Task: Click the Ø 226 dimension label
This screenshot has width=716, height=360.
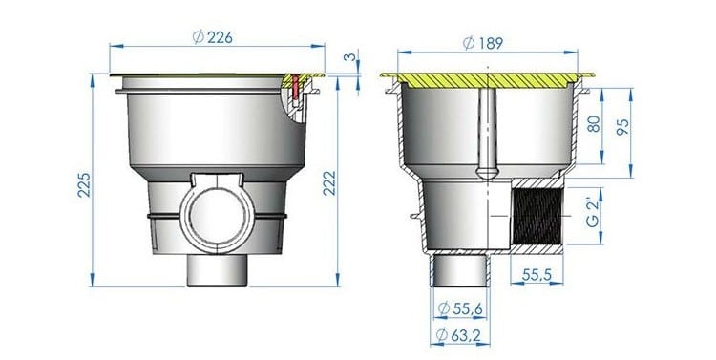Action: (212, 37)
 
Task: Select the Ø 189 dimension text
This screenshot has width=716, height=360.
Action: (483, 43)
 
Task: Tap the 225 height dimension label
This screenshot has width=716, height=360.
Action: (84, 184)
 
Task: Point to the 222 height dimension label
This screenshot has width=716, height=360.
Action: (329, 183)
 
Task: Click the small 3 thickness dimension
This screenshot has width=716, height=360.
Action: (349, 57)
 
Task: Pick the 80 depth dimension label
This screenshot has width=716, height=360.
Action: (593, 124)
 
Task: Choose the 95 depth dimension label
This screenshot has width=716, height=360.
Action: (622, 127)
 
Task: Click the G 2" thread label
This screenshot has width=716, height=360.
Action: (592, 213)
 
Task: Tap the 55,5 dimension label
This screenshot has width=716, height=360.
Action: (537, 275)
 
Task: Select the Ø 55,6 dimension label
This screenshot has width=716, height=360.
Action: (460, 308)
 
